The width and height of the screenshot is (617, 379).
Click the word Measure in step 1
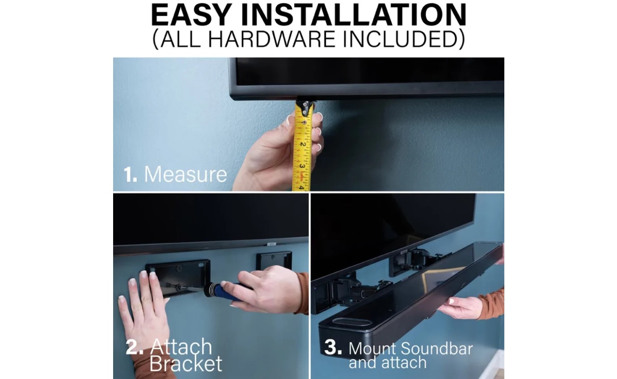(185, 174)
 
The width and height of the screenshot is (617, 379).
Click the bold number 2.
(134, 347)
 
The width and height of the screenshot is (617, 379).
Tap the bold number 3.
(333, 348)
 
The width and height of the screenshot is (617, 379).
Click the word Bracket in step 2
(186, 364)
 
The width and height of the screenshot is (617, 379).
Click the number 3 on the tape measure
(302, 166)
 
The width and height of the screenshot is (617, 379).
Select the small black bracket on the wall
(273, 261)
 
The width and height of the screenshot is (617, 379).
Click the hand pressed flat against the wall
(143, 313)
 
